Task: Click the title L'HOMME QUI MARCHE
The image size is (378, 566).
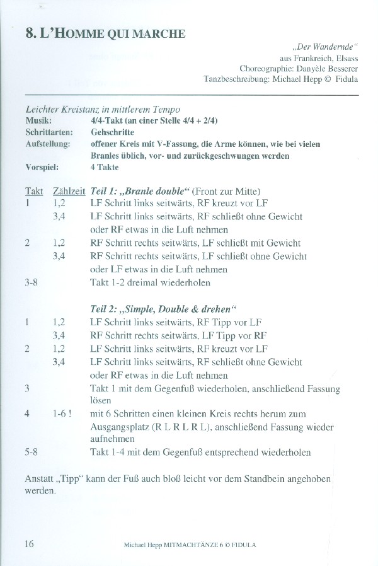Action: coord(106,33)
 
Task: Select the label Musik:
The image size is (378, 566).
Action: coord(38,121)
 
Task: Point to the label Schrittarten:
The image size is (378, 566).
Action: coord(49,132)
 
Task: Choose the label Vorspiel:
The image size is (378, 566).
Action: coord(42,168)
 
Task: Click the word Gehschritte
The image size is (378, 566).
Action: coord(112,132)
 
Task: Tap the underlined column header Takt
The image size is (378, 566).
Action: coord(34,191)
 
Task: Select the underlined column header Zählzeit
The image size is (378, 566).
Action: coord(69,191)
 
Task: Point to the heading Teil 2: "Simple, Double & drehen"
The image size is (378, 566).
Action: coord(163,309)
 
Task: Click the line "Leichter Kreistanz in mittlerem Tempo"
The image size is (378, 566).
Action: coord(103,110)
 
